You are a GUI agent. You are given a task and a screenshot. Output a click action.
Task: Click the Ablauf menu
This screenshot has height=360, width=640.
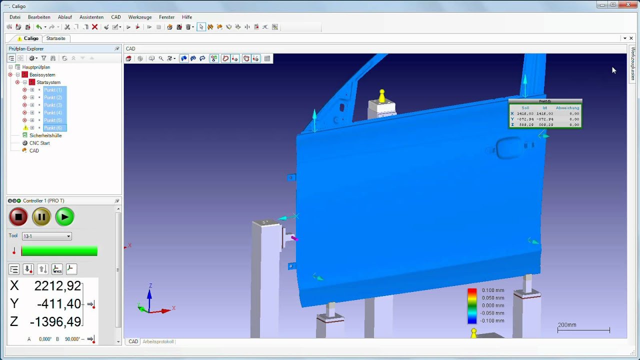(x=65, y=17)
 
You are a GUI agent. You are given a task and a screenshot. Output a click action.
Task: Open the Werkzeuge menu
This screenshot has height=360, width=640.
(x=140, y=17)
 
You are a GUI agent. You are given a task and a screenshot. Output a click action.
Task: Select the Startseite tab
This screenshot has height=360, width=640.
(x=55, y=38)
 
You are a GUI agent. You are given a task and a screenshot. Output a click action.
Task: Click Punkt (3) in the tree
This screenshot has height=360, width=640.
(x=53, y=105)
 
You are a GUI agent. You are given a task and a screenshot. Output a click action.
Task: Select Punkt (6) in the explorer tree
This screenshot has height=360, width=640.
(x=53, y=128)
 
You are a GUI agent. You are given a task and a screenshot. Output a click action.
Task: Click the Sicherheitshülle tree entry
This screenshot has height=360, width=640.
(x=45, y=135)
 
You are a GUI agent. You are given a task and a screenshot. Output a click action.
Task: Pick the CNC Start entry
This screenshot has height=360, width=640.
(x=39, y=143)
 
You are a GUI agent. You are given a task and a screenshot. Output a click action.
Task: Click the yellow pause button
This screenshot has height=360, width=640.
(x=41, y=217)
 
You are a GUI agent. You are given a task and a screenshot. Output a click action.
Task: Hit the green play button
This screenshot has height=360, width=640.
(x=64, y=217)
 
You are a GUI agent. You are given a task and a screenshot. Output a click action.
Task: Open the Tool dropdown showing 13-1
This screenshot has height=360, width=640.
(x=47, y=236)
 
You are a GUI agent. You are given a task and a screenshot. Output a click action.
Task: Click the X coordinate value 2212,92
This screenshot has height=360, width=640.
(x=57, y=286)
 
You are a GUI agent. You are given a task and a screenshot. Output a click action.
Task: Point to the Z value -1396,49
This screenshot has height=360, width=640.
(x=55, y=321)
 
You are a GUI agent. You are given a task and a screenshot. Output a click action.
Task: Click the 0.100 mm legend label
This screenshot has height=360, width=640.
(x=492, y=290)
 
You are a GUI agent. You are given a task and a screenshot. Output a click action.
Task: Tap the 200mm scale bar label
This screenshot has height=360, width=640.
(x=567, y=325)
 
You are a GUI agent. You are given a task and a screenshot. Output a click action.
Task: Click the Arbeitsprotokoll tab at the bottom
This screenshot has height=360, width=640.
(x=158, y=341)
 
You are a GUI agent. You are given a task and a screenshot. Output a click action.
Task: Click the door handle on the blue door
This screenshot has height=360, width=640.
(x=507, y=148)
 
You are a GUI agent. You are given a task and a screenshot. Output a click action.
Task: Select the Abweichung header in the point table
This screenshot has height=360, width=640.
(x=567, y=108)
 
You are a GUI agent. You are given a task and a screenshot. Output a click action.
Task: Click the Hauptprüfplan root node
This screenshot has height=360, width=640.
(x=36, y=67)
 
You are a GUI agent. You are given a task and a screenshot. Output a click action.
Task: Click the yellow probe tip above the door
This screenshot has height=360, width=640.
(x=382, y=94)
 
